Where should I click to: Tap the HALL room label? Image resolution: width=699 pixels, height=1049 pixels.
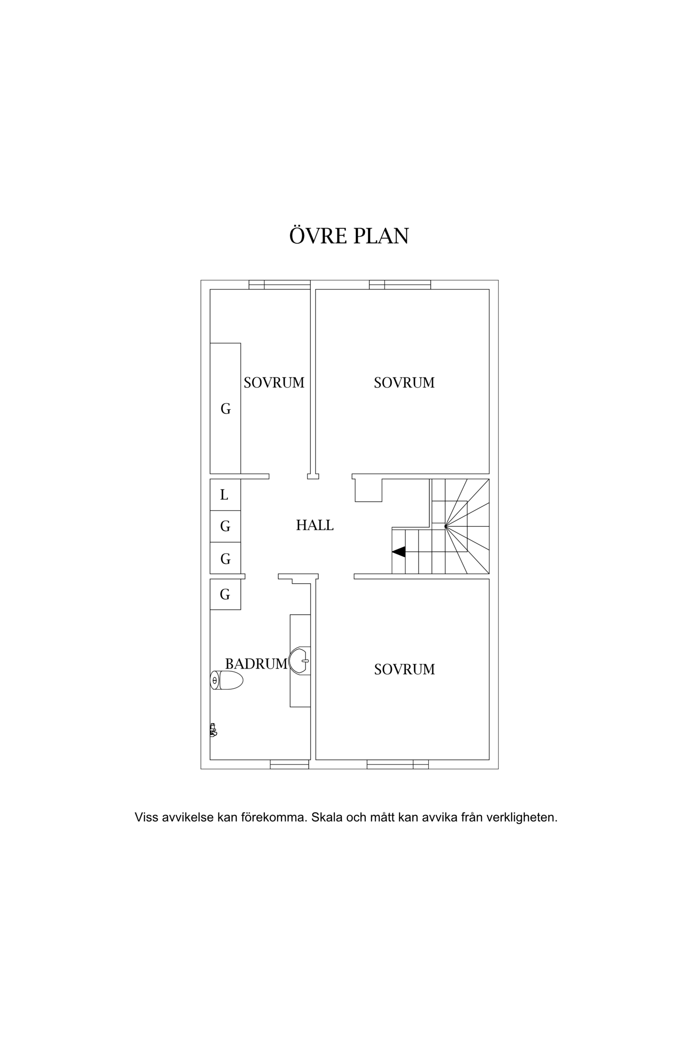(x=315, y=525)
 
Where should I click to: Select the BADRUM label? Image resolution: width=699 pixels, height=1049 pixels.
(x=256, y=664)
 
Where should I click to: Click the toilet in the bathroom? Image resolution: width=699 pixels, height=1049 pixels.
(x=226, y=681)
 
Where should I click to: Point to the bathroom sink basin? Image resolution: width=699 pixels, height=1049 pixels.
(x=300, y=661)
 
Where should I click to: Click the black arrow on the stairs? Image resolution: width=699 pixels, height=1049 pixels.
(x=398, y=552)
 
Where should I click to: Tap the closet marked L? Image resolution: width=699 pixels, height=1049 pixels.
(x=225, y=495)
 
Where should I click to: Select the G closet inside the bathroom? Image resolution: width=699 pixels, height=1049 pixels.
(x=225, y=594)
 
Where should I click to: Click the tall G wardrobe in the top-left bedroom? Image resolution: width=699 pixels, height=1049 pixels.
(x=225, y=408)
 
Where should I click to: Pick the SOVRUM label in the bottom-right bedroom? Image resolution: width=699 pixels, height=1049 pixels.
(x=404, y=669)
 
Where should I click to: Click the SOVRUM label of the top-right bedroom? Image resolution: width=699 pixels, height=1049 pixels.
(x=404, y=383)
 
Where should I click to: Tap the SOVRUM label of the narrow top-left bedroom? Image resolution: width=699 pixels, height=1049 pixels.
(x=274, y=383)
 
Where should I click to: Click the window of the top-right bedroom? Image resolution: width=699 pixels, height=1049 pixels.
(x=400, y=284)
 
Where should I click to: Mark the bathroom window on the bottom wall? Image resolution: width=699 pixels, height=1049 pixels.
(x=289, y=764)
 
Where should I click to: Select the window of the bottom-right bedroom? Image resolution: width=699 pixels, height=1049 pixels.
(x=397, y=764)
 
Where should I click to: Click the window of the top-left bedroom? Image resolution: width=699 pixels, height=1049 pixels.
(x=280, y=284)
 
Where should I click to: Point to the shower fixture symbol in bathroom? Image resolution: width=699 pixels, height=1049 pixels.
(x=213, y=730)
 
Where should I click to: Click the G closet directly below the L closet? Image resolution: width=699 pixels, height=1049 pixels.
(x=225, y=526)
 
